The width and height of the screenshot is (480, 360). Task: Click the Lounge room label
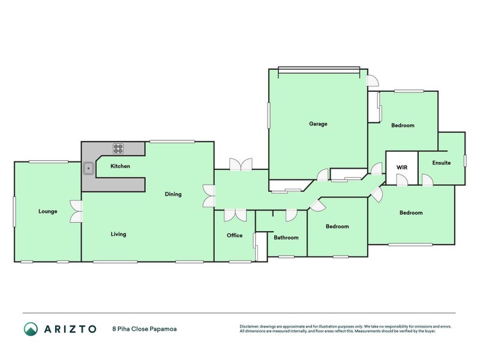click(x=48, y=211)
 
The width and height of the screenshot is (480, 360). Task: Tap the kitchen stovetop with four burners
click(x=118, y=148)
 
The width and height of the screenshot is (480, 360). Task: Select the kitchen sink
click(x=88, y=169)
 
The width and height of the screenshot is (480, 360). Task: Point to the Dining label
click(x=173, y=194)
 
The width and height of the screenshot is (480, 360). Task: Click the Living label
click(x=118, y=234)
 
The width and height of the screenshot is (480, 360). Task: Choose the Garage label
click(x=318, y=124)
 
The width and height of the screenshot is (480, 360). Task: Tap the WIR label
click(x=401, y=167)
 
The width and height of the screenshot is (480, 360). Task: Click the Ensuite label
click(x=442, y=163)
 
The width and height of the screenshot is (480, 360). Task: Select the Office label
click(x=235, y=235)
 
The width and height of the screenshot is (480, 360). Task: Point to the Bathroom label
click(x=286, y=238)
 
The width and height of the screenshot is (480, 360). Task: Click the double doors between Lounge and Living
click(x=76, y=211)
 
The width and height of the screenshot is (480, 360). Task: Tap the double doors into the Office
click(x=235, y=215)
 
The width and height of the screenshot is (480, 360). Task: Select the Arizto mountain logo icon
click(x=31, y=329)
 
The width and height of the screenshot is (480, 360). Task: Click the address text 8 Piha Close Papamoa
click(x=145, y=329)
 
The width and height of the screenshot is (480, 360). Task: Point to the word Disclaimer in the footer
click(x=249, y=326)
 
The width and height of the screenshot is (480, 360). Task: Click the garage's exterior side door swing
click(x=373, y=80)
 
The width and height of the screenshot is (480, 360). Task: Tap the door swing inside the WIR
click(x=402, y=179)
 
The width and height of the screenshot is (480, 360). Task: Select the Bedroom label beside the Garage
click(x=403, y=125)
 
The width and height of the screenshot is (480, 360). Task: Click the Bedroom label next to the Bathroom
click(x=337, y=227)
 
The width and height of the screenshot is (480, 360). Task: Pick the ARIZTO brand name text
click(x=70, y=329)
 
